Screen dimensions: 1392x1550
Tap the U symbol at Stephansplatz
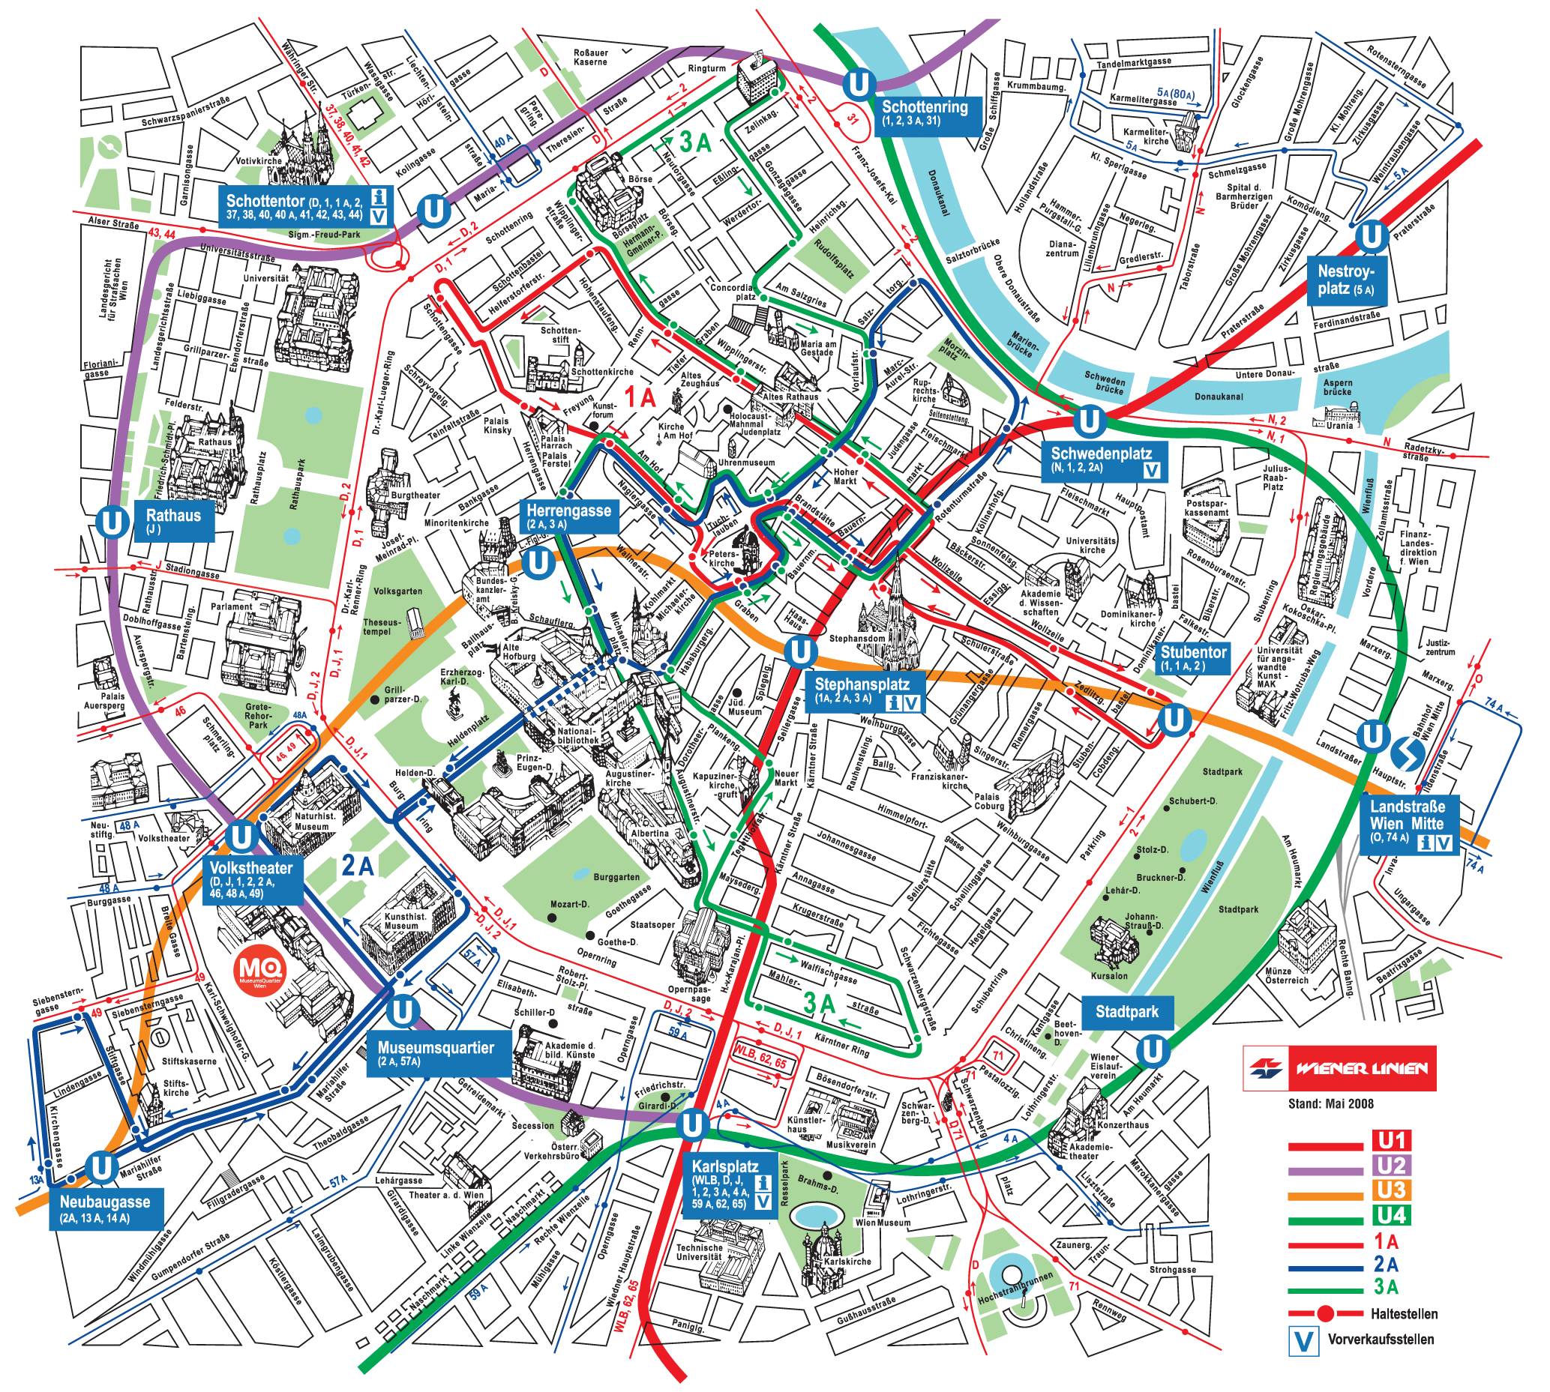tap(800, 652)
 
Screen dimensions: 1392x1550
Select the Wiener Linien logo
tap(1339, 1068)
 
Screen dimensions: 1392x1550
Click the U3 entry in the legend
tap(1392, 1191)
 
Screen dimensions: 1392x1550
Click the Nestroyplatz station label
tap(1345, 280)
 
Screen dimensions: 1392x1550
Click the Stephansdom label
tap(857, 638)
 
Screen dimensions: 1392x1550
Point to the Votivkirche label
tap(259, 161)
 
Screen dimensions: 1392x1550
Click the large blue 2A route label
tap(356, 866)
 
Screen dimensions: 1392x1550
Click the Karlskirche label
tap(847, 1262)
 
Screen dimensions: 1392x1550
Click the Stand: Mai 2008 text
tap(1330, 1103)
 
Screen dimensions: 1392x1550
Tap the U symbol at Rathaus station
tap(112, 523)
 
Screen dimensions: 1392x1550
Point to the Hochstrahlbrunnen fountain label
tap(1015, 1293)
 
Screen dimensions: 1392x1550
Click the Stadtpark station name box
tap(1126, 1012)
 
